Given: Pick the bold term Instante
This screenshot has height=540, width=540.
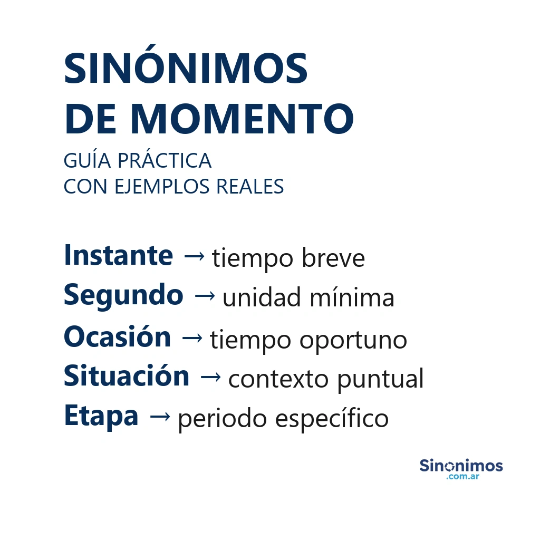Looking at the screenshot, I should coord(118,256).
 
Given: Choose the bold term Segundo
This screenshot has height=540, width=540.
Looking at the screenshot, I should coord(123,295).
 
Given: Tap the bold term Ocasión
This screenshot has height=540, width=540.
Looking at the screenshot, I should coord(117,337).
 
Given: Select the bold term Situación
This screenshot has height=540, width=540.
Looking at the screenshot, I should coord(127,377).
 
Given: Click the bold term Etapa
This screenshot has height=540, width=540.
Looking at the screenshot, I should coord(101,416).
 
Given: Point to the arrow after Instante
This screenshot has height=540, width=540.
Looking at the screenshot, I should coord(194,257).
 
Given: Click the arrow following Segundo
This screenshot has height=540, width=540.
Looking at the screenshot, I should coord(205,296).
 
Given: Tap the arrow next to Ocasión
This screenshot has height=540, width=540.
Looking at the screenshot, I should coord(192,337).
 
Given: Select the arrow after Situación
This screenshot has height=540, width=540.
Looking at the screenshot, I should coord(211,377).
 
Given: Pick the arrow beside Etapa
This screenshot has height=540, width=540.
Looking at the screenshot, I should coord(160,417).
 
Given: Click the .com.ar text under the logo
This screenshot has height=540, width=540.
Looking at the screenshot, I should coord(462,477).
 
